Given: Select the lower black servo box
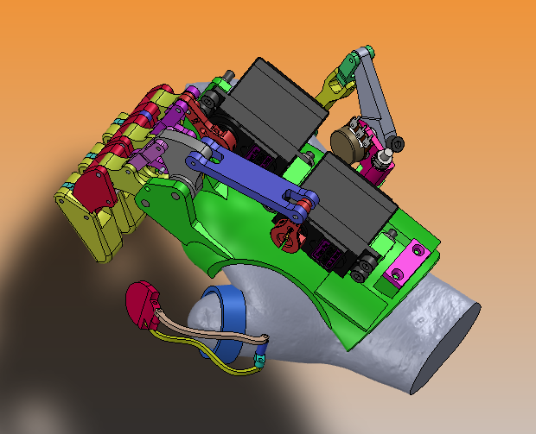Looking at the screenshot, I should [x=350, y=207].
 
